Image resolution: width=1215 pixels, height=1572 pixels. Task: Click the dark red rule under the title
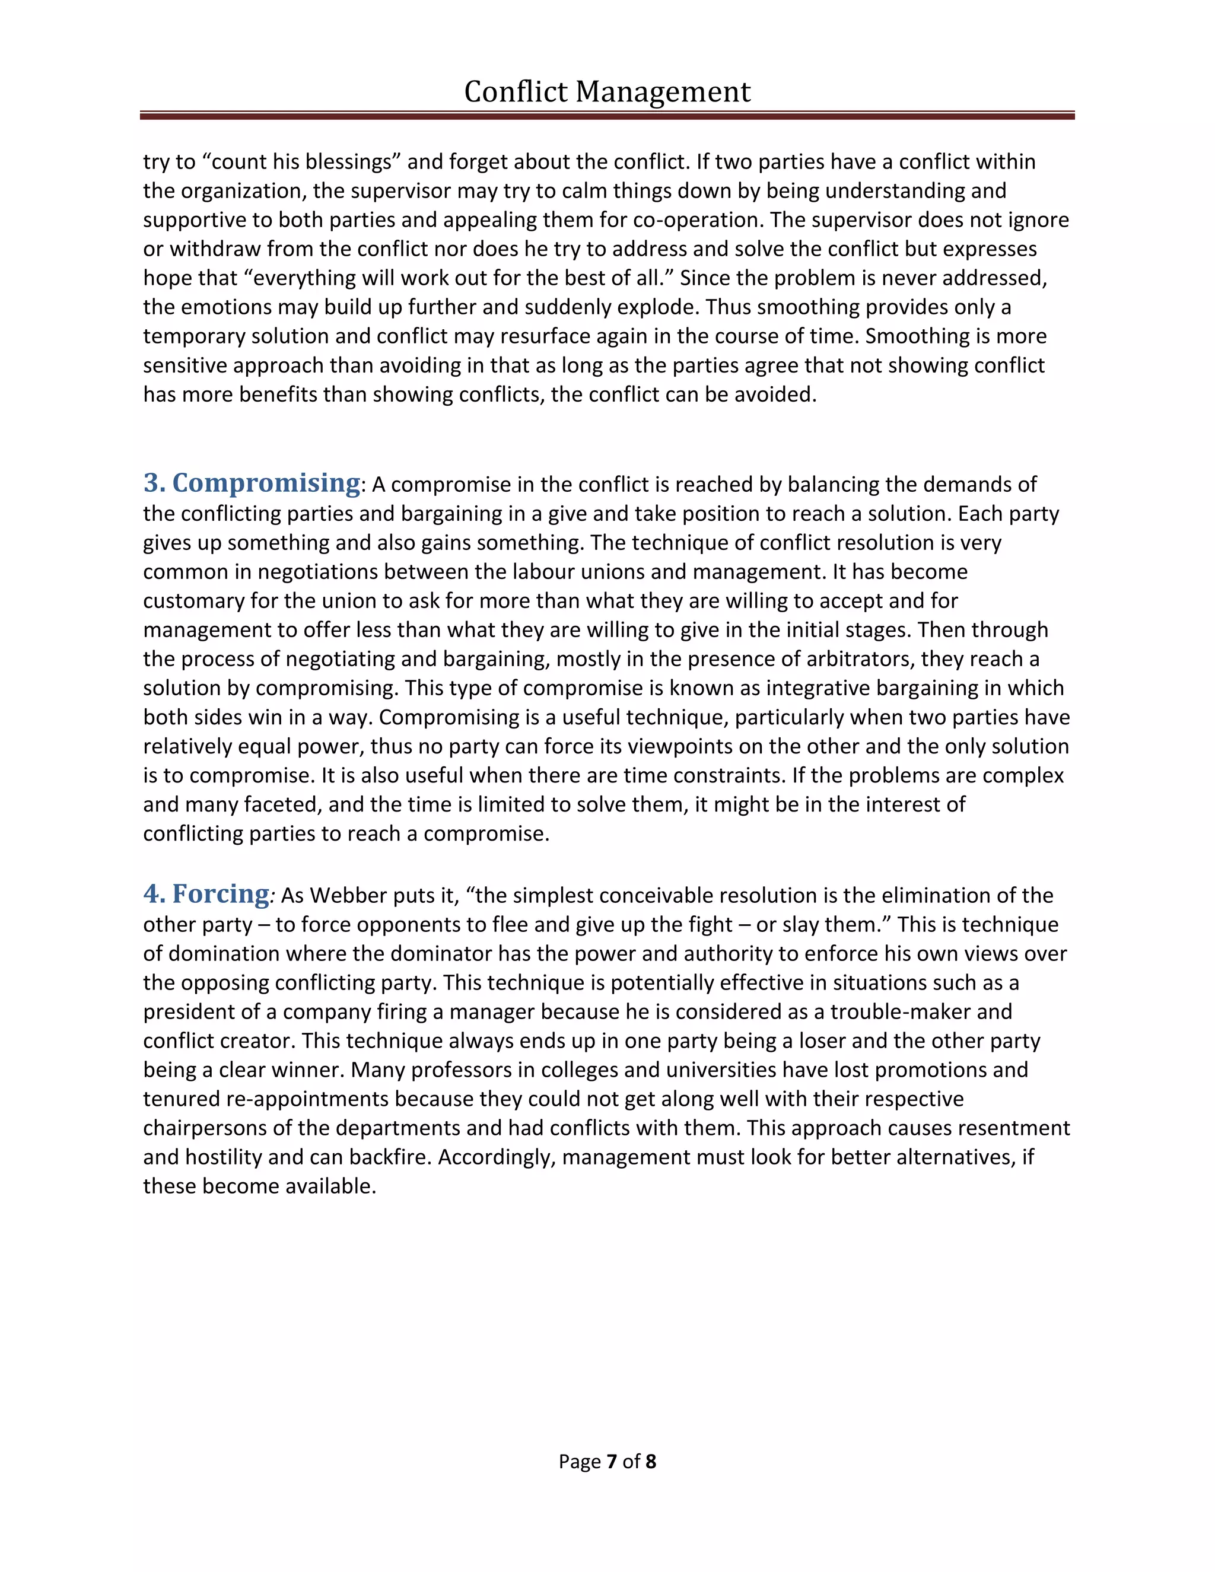click(607, 115)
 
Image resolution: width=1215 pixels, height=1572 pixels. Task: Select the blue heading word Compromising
click(266, 483)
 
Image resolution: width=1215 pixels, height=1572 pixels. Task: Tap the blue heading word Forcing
click(220, 894)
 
